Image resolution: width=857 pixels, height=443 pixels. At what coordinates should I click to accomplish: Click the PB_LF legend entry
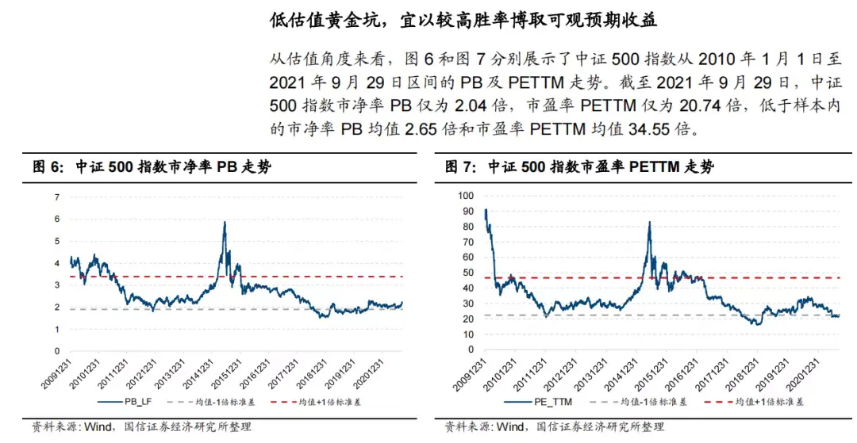125,402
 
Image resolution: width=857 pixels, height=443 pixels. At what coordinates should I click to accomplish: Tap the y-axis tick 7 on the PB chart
57,197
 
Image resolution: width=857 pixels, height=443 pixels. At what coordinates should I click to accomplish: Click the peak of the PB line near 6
225,223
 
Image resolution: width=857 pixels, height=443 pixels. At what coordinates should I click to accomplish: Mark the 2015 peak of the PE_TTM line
649,223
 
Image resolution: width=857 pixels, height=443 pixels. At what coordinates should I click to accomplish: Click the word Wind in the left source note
98,426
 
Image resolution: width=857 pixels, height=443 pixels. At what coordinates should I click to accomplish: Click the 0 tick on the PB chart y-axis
57,351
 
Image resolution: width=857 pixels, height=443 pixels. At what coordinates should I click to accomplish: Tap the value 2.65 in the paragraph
421,129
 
